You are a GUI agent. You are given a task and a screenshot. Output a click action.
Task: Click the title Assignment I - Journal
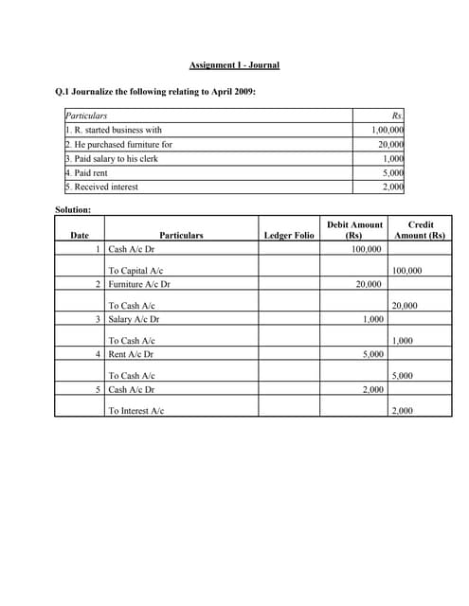tap(234, 64)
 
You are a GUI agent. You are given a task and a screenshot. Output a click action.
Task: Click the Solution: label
tap(72, 208)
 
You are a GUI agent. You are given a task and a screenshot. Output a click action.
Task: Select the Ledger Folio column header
tap(288, 235)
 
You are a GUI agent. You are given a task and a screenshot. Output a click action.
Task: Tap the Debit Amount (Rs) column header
tap(354, 229)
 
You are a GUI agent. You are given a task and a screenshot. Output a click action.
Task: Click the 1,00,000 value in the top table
tap(387, 130)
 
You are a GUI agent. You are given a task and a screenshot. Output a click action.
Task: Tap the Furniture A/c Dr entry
tap(139, 283)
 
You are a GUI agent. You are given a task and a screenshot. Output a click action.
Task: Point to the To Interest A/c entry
tap(136, 411)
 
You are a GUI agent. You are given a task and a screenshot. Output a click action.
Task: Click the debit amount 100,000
tap(367, 249)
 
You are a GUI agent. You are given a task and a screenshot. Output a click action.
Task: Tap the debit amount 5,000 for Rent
tap(372, 354)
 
